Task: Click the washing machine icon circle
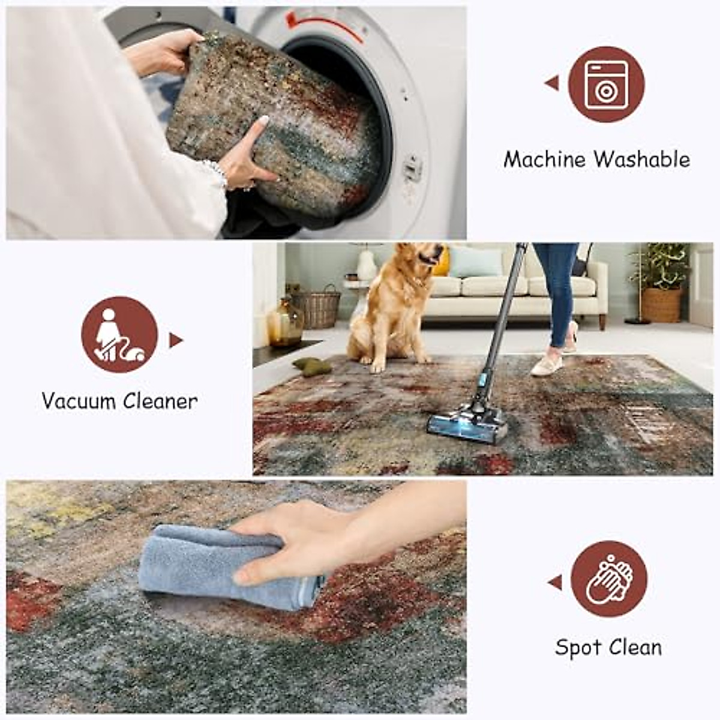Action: pyautogui.click(x=606, y=85)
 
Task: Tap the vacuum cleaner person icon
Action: pyautogui.click(x=119, y=335)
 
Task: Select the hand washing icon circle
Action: pyautogui.click(x=608, y=579)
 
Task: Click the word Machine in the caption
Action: pyautogui.click(x=544, y=160)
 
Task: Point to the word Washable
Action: pyautogui.click(x=642, y=160)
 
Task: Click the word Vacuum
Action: pyautogui.click(x=79, y=401)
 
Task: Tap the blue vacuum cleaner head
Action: pyautogui.click(x=467, y=424)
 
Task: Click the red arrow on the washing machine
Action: pyautogui.click(x=324, y=24)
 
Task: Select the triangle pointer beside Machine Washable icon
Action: pyautogui.click(x=553, y=83)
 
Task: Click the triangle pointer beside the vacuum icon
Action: pyautogui.click(x=175, y=340)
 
